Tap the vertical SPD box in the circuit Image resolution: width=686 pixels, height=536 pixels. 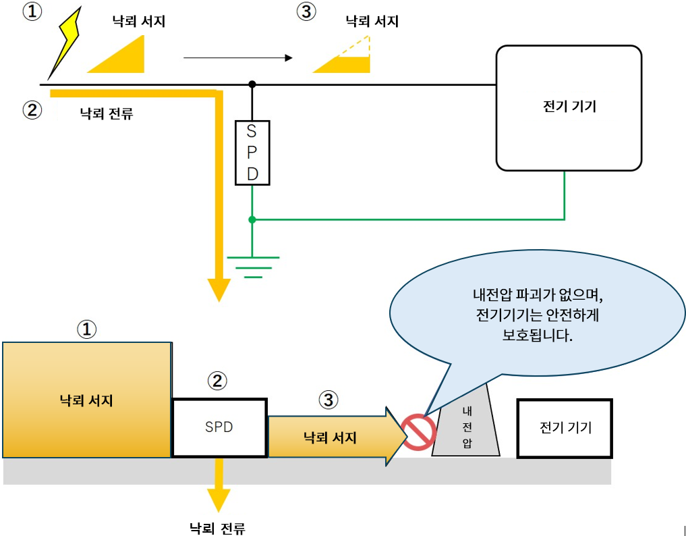(252, 153)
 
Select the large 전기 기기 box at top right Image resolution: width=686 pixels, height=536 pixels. (569, 108)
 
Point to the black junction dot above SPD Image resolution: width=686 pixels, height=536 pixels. (252, 84)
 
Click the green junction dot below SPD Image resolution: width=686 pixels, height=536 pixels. (252, 219)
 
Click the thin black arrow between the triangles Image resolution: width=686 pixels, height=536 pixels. (237, 58)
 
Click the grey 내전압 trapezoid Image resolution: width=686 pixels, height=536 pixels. (466, 425)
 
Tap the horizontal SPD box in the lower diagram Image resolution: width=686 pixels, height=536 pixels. (219, 427)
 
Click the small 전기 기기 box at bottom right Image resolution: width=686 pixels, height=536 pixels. (565, 427)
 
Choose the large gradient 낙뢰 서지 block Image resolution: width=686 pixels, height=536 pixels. (87, 400)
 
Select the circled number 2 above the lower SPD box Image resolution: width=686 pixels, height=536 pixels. (217, 381)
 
